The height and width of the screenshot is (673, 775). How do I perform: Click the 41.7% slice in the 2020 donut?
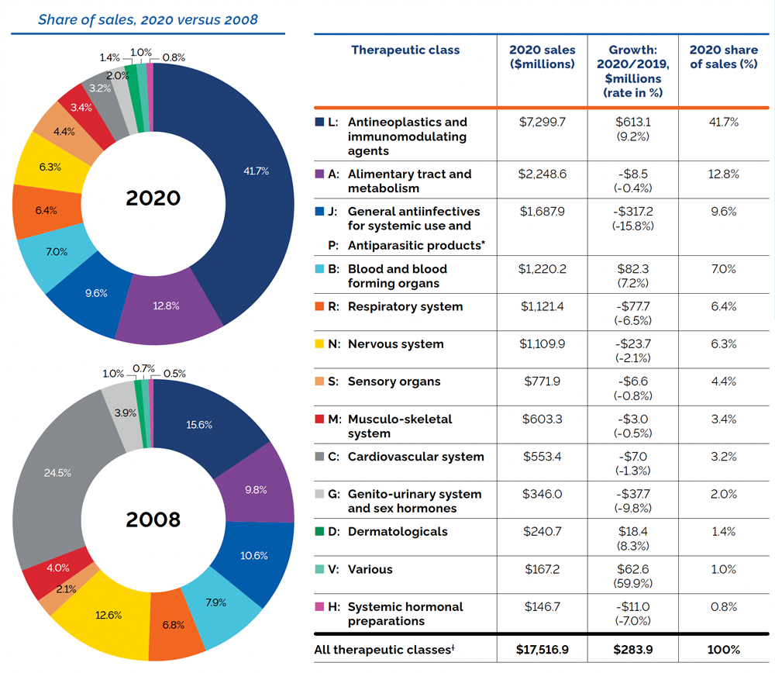tap(256, 171)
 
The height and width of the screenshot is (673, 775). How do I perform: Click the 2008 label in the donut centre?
tap(153, 519)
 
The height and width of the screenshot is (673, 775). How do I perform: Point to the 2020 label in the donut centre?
tap(153, 198)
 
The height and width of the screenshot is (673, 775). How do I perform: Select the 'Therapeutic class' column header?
tap(405, 50)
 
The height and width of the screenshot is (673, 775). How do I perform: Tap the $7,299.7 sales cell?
tap(542, 123)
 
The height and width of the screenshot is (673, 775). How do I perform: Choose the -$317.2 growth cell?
tap(632, 212)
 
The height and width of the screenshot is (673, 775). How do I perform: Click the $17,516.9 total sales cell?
tap(542, 650)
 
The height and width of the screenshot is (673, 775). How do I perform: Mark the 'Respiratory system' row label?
tap(405, 307)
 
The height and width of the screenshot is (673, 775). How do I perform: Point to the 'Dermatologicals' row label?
tap(398, 532)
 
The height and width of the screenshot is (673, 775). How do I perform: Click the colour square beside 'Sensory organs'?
tap(319, 381)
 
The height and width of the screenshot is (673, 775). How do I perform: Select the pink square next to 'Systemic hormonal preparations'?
tap(319, 606)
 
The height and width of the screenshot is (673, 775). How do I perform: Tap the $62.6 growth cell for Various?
tap(632, 570)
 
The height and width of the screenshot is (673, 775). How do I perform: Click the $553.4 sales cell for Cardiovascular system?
tap(542, 457)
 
